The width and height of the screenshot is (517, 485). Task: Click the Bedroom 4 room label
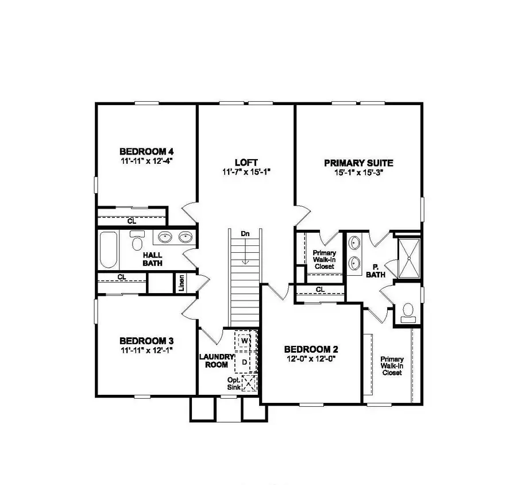click(146, 152)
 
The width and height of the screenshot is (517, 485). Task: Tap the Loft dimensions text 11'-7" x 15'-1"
click(246, 172)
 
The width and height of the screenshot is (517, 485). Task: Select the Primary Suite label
click(358, 163)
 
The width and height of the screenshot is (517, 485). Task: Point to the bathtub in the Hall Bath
click(109, 249)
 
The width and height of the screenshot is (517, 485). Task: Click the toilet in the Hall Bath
click(137, 241)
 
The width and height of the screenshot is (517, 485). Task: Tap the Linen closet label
click(182, 283)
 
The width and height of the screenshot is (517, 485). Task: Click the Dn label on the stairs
click(245, 234)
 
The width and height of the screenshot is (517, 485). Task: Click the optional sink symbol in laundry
click(249, 383)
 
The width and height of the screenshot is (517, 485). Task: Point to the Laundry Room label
click(216, 360)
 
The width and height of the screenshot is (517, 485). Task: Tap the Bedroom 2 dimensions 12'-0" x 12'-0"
click(310, 359)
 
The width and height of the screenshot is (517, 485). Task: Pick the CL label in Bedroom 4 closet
click(132, 220)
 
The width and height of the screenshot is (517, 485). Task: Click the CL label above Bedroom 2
click(320, 289)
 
